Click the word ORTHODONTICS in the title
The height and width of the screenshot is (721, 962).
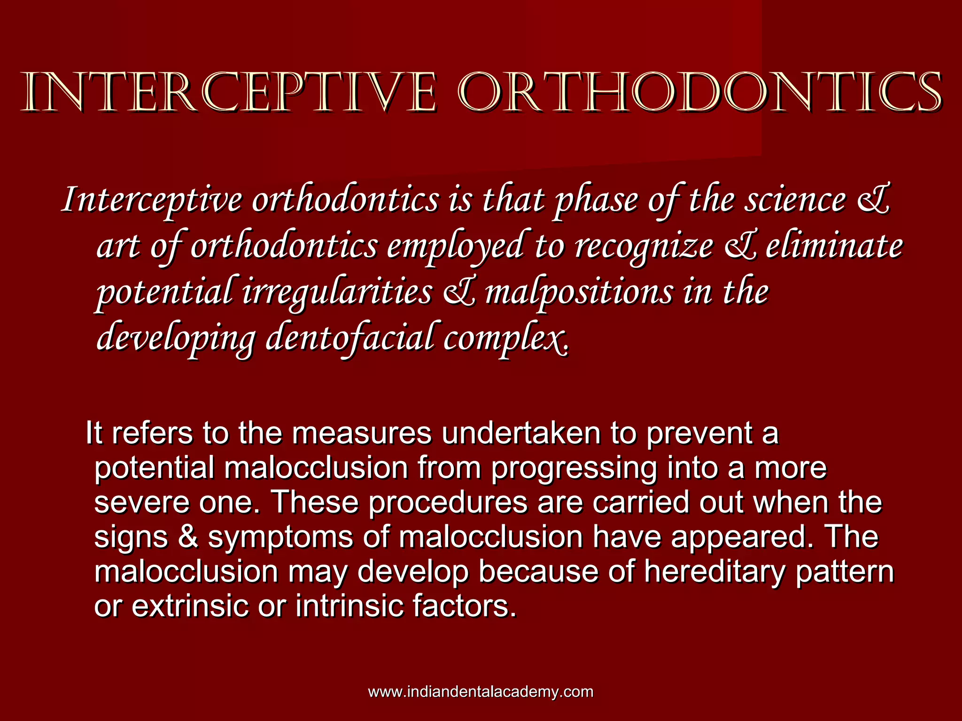tap(700, 92)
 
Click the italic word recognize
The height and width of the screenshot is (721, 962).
tap(644, 247)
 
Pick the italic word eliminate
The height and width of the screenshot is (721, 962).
tap(834, 246)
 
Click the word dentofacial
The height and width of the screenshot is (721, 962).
tap(350, 338)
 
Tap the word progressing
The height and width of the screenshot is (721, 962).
tap(573, 468)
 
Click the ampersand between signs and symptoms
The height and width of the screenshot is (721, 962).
tap(188, 537)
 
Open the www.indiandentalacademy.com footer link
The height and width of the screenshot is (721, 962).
tap(481, 692)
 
